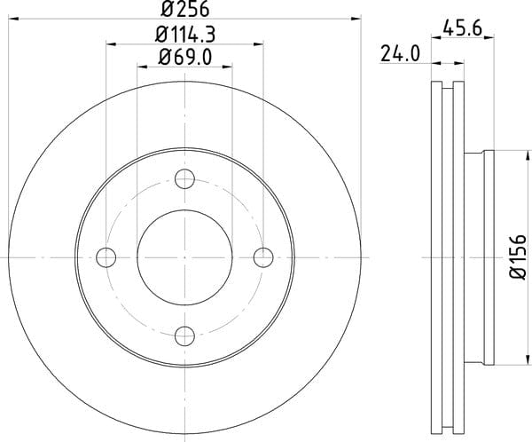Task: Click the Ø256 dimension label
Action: tap(185, 9)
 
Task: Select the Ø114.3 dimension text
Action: tap(185, 35)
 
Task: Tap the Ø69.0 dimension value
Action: tap(185, 57)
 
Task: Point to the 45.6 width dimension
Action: tap(462, 28)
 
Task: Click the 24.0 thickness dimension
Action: tap(400, 53)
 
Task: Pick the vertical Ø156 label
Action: tap(518, 257)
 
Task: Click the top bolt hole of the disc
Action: tap(184, 178)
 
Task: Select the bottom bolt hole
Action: tap(184, 336)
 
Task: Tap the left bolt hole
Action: tap(106, 257)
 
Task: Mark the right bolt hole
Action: tap(263, 257)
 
